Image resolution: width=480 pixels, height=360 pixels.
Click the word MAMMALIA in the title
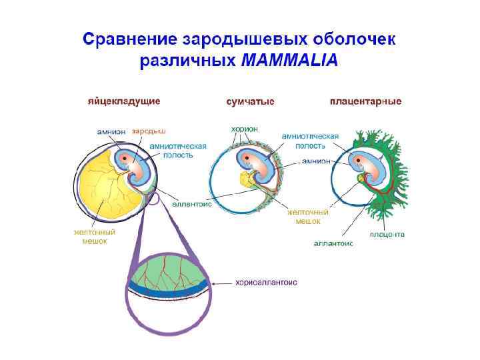289,61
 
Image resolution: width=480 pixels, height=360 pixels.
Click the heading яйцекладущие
124,102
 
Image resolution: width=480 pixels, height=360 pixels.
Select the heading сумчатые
251,102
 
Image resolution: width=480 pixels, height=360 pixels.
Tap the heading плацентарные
365,102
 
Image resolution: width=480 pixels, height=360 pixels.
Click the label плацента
387,234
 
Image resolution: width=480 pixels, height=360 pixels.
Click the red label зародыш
148,131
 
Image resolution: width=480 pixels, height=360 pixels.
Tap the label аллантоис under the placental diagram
333,244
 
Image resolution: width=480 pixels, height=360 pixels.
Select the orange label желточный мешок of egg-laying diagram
95,237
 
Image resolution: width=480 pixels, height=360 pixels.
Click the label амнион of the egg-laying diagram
111,131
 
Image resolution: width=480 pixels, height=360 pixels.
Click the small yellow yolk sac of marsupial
248,178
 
